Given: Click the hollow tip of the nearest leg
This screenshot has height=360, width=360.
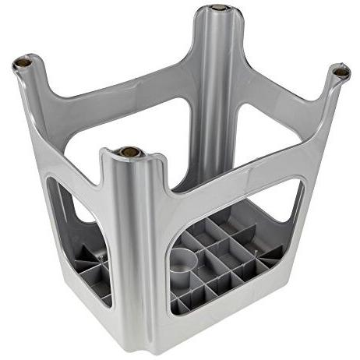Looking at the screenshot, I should [x=129, y=152].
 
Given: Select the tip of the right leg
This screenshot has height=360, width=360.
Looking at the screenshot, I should [x=340, y=72].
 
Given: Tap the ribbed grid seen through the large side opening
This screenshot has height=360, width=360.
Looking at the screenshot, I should [x=226, y=261].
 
